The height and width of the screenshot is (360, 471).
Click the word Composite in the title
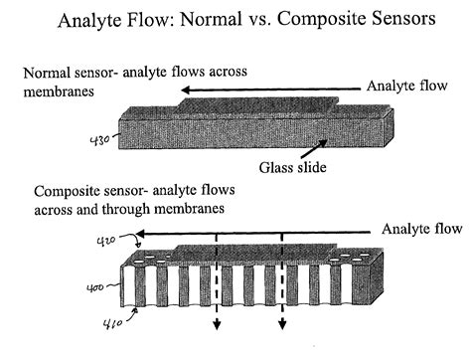[291, 19]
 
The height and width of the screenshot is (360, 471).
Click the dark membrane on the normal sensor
[258, 104]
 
